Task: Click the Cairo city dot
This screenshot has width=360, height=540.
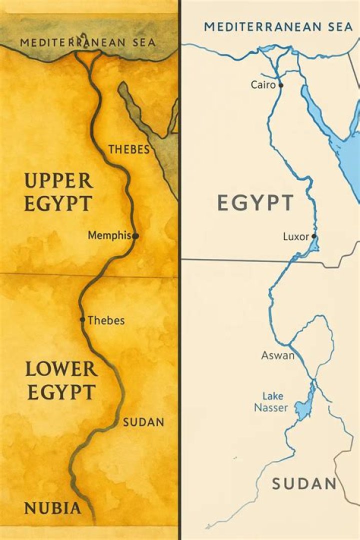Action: [x=281, y=85]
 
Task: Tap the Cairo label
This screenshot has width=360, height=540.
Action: [x=263, y=85]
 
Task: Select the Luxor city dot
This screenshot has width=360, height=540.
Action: [x=314, y=236]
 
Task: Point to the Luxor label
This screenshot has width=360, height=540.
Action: [x=296, y=236]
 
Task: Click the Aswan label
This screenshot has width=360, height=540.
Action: [x=277, y=355]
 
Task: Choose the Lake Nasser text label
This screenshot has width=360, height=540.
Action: [x=270, y=402]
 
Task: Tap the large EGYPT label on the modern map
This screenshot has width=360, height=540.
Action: [x=255, y=203]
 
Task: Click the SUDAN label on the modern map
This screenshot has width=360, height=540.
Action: [x=304, y=483]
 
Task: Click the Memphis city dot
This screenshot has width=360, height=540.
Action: [x=135, y=235]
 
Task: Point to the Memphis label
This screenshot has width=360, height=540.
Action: [x=109, y=235]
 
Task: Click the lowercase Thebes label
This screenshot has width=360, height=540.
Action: [x=106, y=320]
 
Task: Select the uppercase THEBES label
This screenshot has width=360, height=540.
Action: [x=129, y=149]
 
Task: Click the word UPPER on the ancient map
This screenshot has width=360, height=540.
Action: [x=58, y=180]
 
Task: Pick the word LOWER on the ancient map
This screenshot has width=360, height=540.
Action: [x=61, y=369]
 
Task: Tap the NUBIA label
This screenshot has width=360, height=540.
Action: [x=52, y=508]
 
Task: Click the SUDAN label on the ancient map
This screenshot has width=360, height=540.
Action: [x=143, y=422]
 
